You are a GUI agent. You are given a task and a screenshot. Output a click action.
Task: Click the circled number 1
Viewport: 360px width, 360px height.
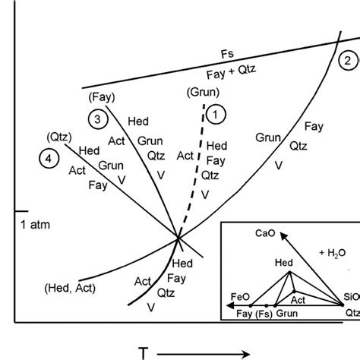216,114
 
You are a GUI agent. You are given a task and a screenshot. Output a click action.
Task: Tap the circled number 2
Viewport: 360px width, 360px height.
348,61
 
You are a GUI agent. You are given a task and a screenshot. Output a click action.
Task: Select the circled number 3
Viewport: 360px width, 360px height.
98,119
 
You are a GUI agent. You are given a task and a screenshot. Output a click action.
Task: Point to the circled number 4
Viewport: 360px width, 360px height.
49,159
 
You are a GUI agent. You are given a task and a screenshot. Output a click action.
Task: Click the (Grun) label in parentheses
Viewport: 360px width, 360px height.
203,92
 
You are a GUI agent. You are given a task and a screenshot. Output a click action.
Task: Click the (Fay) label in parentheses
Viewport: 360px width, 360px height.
102,97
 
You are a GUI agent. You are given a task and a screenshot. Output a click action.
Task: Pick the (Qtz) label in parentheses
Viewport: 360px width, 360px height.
59,137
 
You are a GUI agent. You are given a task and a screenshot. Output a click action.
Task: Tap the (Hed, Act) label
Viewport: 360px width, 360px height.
70,288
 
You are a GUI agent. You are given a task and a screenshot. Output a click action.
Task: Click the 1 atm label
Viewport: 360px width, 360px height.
35,225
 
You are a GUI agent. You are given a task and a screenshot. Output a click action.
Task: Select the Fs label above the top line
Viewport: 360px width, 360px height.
227,54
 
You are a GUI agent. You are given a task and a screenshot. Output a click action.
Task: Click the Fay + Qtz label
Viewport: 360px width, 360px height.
231,71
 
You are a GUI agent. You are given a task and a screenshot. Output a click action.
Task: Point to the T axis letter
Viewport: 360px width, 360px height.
144,353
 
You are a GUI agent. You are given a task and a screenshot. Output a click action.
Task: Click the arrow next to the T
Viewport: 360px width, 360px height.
204,354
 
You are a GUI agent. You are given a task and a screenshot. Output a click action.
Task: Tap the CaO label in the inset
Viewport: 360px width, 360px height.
265,233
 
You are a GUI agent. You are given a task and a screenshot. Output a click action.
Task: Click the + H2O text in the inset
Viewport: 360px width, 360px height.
333,253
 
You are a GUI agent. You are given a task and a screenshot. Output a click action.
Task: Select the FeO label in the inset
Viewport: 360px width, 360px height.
240,297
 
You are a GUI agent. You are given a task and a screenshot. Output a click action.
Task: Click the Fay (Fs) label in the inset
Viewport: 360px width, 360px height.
254,314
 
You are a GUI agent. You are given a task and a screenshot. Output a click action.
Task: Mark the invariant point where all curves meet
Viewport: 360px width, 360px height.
178,238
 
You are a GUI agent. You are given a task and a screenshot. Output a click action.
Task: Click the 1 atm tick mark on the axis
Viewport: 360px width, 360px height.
21,211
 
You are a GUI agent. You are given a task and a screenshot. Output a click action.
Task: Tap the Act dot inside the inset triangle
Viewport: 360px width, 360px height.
294,292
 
